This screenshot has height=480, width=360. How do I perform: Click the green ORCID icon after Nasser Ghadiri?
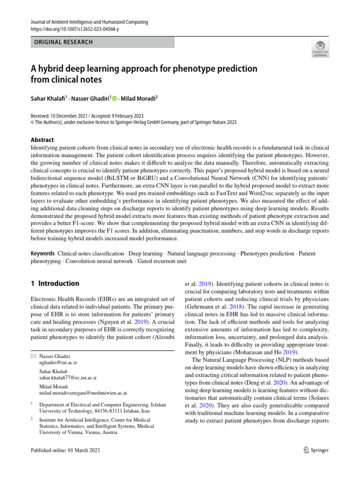[x=114, y=98]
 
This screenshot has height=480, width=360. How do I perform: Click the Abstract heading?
[x=42, y=140]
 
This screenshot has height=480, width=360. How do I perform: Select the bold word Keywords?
[x=43, y=254]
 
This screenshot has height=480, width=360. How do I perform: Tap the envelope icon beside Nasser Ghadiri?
[x=32, y=357]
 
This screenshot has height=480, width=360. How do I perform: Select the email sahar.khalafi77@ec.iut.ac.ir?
[x=68, y=377]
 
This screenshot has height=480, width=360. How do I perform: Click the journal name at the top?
[x=89, y=22]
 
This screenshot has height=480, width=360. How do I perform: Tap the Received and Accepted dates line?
[x=87, y=116]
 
